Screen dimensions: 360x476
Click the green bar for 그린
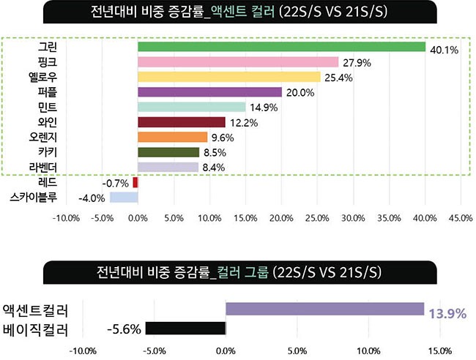click(282, 48)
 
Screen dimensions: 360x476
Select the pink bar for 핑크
click(238, 62)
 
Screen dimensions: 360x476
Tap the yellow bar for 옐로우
click(229, 78)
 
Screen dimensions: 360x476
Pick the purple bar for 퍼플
click(209, 92)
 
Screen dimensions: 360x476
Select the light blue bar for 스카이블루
click(124, 197)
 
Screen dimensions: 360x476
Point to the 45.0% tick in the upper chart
click(461, 217)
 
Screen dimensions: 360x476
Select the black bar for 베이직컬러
click(185, 329)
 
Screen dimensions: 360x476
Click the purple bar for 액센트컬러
click(324, 309)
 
